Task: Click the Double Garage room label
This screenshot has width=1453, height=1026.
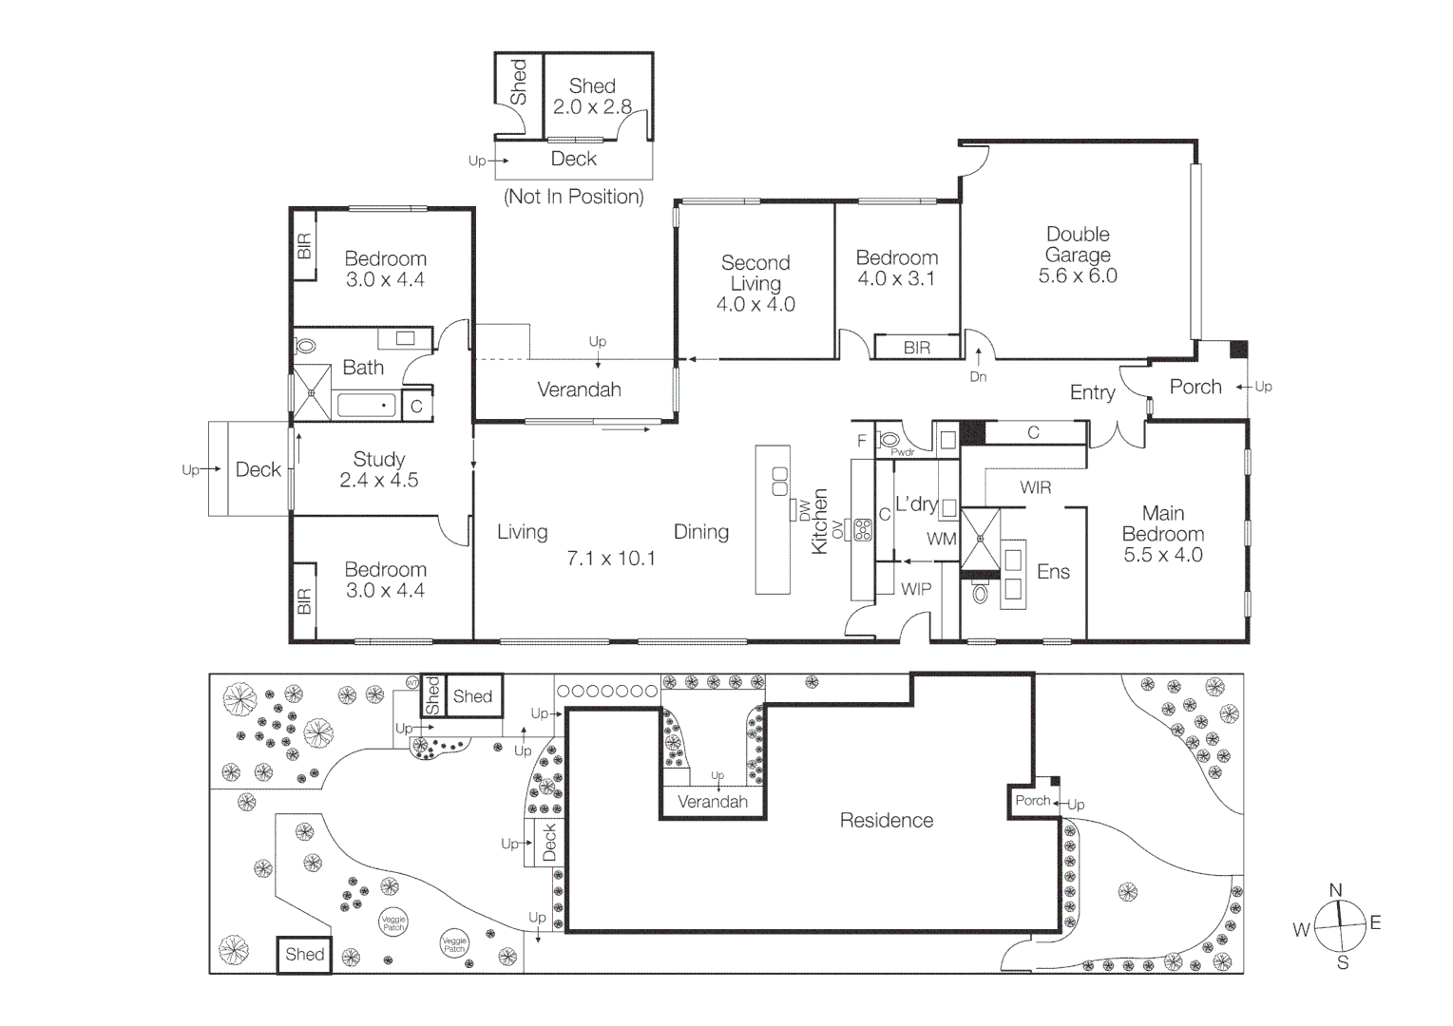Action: [x=1078, y=244]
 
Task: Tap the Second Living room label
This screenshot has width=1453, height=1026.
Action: [x=755, y=273]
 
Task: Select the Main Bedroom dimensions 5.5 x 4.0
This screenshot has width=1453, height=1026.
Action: [x=1163, y=556]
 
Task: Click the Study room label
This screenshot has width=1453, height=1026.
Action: [x=379, y=459]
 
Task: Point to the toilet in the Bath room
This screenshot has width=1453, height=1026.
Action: [x=305, y=347]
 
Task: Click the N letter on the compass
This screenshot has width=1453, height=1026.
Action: [x=1335, y=890]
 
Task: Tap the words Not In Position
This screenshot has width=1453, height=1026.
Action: [x=573, y=197]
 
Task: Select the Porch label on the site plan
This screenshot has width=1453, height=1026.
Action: [x=1032, y=801]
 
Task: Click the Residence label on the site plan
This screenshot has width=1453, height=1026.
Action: [x=886, y=820]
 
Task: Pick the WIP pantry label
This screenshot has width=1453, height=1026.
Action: [x=916, y=589]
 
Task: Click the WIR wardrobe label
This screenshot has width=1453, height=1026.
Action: [x=1036, y=487]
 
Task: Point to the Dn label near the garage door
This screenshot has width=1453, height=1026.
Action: [x=978, y=377]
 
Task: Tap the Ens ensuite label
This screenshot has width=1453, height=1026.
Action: [x=1053, y=572]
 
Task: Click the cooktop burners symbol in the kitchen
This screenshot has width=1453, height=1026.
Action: [x=863, y=530]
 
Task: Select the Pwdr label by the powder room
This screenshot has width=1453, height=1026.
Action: [x=902, y=453]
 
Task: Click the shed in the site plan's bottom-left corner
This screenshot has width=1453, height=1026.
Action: [x=304, y=955]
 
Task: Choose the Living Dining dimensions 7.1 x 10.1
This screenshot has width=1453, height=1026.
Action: [x=611, y=559]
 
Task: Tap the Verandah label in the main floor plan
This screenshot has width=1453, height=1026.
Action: [x=579, y=389]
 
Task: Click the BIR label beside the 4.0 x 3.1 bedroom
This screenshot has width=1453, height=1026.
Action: [x=916, y=348]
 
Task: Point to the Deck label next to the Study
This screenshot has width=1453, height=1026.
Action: [x=258, y=469]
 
